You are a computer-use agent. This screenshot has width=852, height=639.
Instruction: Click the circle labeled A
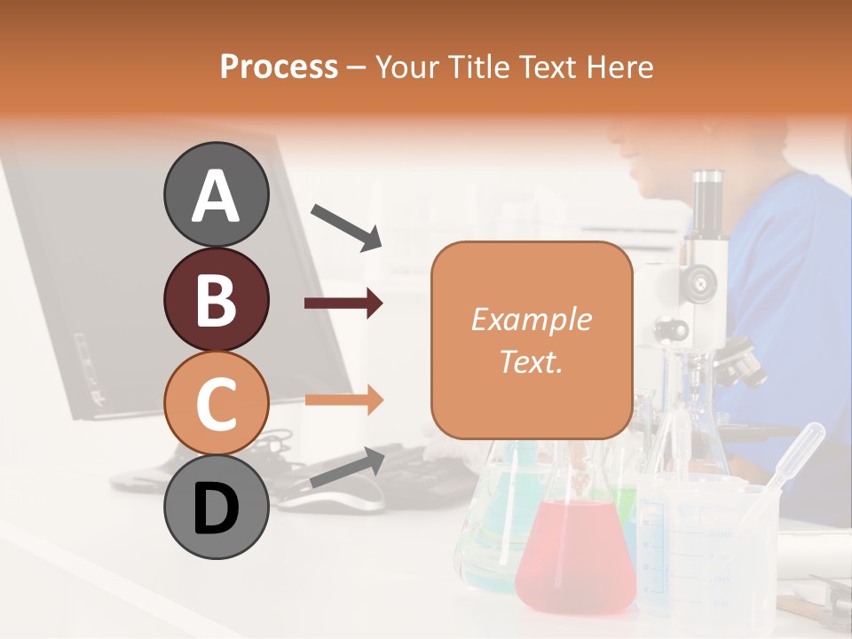[x=216, y=194]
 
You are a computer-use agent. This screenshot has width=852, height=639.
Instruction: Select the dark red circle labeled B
[x=216, y=299]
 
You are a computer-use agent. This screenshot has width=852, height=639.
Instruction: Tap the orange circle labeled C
[x=216, y=404]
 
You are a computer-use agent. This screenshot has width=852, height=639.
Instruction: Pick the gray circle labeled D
[x=216, y=508]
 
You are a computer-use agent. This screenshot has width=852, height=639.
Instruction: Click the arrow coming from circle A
[x=346, y=226]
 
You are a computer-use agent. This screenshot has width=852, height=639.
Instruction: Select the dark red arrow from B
[x=343, y=304]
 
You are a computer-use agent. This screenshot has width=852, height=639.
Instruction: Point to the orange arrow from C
[x=343, y=399]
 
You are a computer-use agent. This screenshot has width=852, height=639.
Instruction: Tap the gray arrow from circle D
[x=347, y=468]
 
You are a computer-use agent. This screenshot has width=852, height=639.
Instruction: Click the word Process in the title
[x=279, y=67]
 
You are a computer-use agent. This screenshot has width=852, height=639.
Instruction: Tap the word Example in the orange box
[x=531, y=319]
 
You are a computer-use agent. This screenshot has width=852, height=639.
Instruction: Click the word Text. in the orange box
[x=531, y=361]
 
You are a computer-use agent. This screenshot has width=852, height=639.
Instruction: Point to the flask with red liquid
[x=575, y=550]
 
